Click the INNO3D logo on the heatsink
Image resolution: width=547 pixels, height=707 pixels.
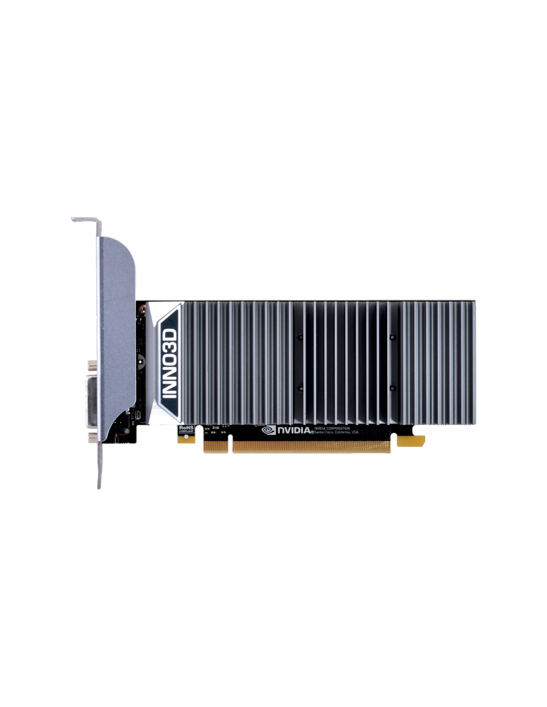pyautogui.click(x=170, y=364)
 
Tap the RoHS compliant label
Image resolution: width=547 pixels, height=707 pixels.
pyautogui.click(x=185, y=428)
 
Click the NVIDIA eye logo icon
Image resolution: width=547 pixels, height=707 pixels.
pyautogui.click(x=269, y=430)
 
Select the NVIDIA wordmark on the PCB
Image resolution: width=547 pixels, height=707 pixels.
pyautogui.click(x=293, y=430)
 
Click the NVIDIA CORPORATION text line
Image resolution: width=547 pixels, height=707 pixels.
pyautogui.click(x=332, y=428)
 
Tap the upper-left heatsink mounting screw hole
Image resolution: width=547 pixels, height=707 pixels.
pyautogui.click(x=300, y=337)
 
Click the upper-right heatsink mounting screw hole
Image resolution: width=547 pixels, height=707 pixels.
pyautogui.click(x=392, y=337)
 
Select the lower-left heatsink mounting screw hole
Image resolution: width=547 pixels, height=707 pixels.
pyautogui.click(x=300, y=387)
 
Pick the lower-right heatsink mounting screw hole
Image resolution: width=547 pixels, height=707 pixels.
pyautogui.click(x=392, y=387)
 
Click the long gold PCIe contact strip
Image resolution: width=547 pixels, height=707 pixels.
pyautogui.click(x=311, y=446)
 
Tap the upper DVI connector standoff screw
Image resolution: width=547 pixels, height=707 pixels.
pyautogui.click(x=92, y=365)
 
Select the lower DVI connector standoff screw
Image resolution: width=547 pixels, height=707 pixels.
pyautogui.click(x=92, y=437)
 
